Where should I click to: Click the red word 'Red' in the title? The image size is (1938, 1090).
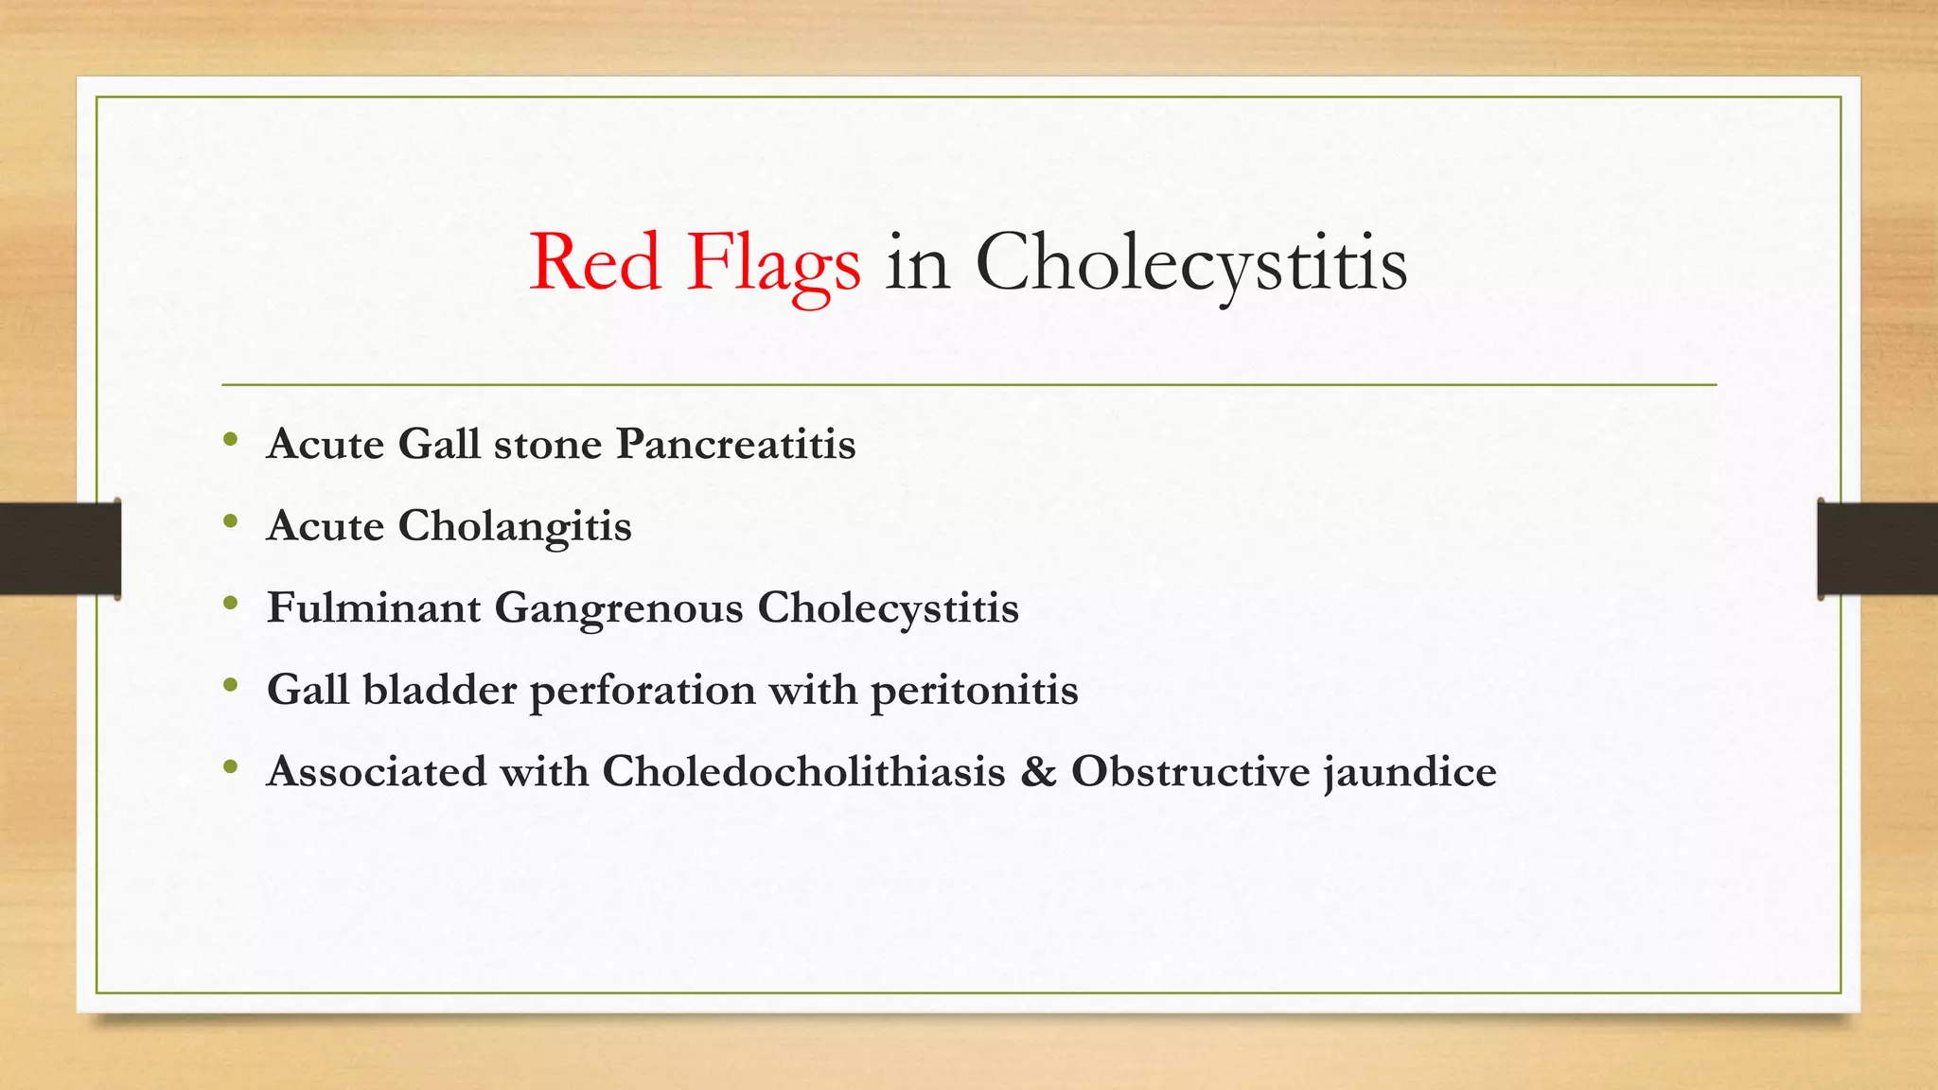pos(594,262)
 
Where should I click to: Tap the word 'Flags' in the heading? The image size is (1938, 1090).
pos(774,265)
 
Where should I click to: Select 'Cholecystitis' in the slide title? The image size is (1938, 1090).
pos(1191,264)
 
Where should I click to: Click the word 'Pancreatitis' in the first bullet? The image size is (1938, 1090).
pos(735,444)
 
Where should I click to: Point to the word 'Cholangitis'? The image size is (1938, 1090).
pos(514,526)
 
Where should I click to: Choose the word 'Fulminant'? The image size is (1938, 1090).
pos(374,607)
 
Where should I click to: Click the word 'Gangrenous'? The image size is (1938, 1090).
pos(619,608)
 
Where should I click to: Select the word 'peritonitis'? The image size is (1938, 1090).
pos(974,691)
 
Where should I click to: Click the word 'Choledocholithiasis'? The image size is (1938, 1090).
pos(803,771)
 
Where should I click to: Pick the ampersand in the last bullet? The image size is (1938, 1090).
pos(1038,771)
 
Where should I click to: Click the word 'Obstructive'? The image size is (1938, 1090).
pos(1189,771)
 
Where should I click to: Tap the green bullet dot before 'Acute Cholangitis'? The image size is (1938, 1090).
pos(231,521)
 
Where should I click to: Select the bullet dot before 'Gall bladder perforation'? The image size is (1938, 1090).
pos(231,685)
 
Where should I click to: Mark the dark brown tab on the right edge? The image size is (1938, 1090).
pos(1877,549)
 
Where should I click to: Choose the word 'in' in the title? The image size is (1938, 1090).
pos(917,262)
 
